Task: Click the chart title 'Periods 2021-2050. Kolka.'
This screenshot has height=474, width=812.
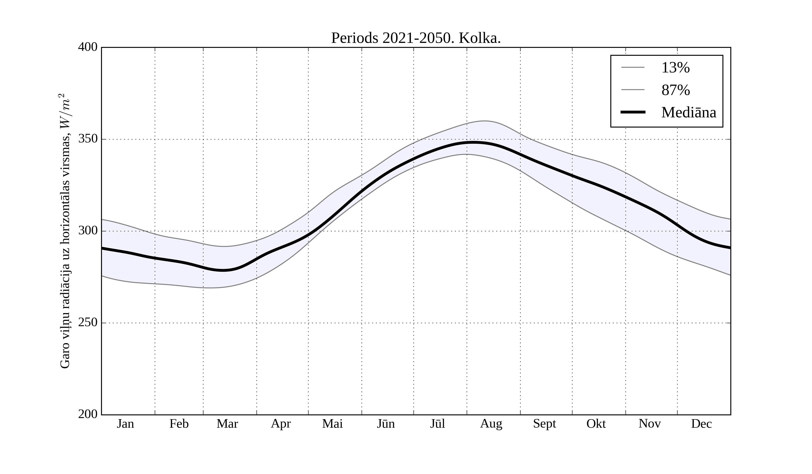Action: [x=416, y=38]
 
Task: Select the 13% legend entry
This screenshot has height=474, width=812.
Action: [x=675, y=68]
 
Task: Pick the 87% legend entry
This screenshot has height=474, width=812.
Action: [x=675, y=90]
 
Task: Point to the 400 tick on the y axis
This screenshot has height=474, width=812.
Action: [x=88, y=47]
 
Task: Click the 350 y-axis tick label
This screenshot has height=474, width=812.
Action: [x=88, y=139]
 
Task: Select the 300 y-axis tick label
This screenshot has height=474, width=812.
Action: [x=88, y=231]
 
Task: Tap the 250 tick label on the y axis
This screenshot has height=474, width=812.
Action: [x=88, y=323]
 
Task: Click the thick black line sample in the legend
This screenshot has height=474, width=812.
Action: [x=633, y=112]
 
